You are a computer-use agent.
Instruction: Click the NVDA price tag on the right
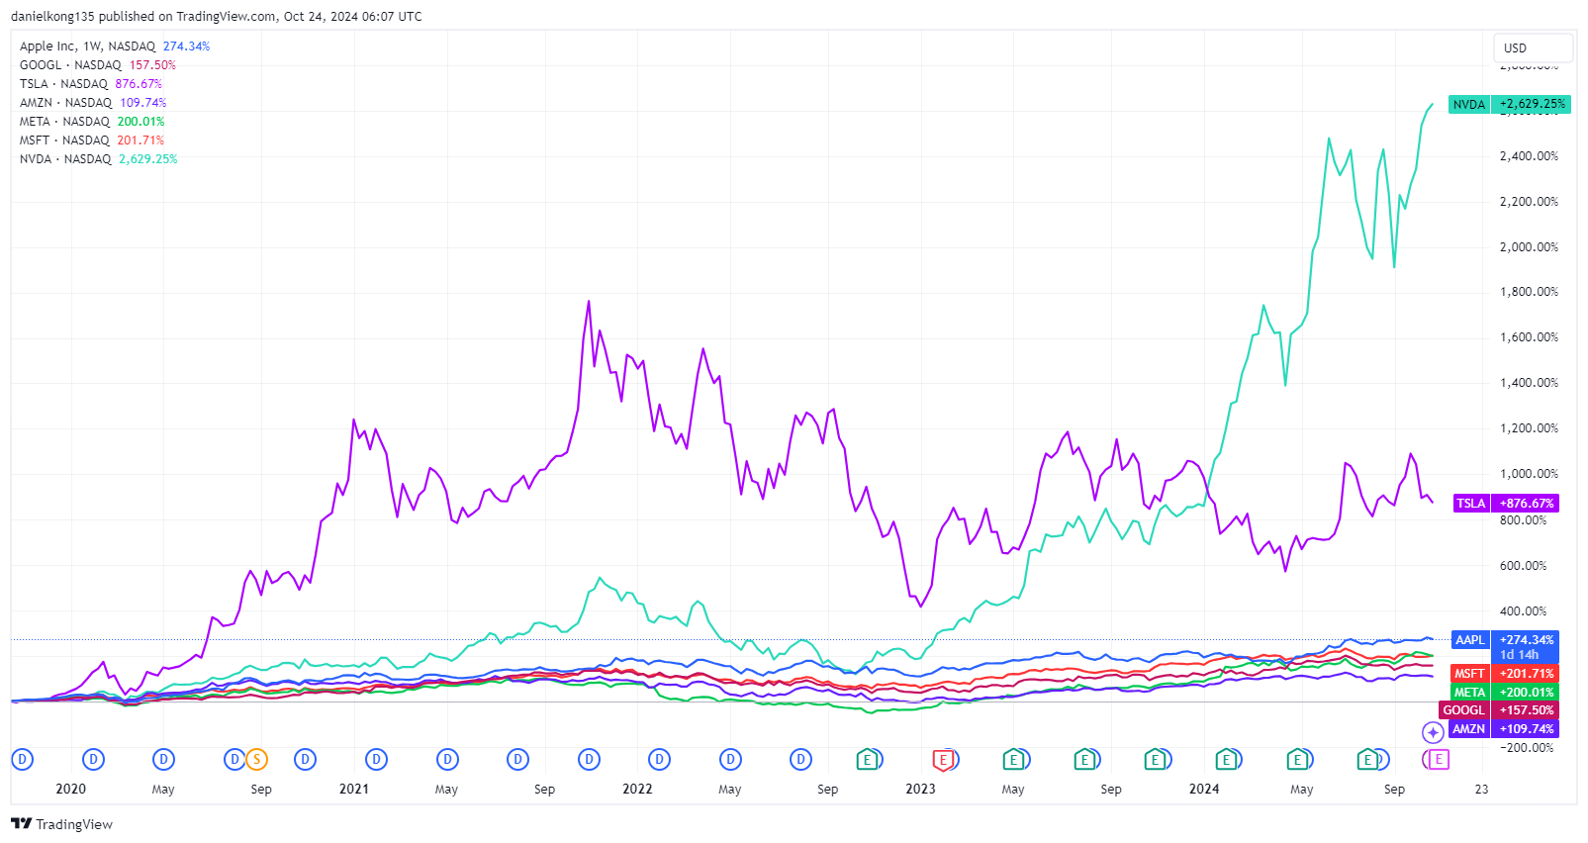[1509, 104]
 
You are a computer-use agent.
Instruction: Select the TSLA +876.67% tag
[1506, 504]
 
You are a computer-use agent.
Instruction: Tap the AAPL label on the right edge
[1470, 640]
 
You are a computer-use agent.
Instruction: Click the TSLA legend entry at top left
[90, 84]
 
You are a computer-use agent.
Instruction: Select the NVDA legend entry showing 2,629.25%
[98, 159]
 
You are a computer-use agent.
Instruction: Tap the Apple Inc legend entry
[114, 47]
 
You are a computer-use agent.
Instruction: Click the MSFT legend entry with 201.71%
[91, 140]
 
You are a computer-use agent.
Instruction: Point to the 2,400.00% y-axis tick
[1529, 156]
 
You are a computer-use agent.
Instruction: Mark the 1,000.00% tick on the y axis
[1529, 474]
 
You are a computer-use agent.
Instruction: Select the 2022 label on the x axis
[637, 789]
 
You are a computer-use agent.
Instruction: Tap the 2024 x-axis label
[1204, 789]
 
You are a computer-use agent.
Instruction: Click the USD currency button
[1532, 47]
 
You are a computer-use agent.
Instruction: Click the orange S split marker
[256, 760]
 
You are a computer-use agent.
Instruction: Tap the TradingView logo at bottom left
[61, 824]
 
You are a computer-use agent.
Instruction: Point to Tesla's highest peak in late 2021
[589, 302]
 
